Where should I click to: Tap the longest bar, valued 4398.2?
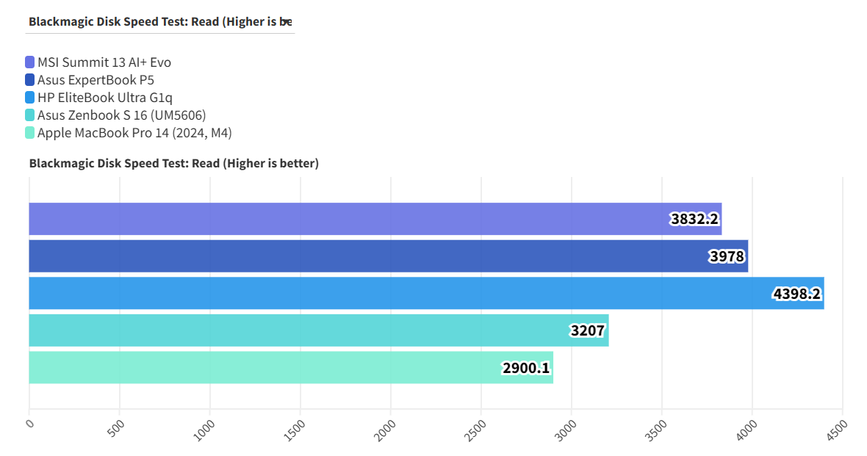pyautogui.click(x=426, y=294)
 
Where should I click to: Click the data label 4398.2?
pyautogui.click(x=796, y=294)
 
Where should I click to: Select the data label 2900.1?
pyautogui.click(x=526, y=368)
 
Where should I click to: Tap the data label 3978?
pyautogui.click(x=727, y=257)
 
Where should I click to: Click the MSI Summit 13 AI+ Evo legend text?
pyautogui.click(x=104, y=62)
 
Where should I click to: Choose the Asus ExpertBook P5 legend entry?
pyautogui.click(x=96, y=80)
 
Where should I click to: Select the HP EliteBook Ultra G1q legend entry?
pyautogui.click(x=105, y=98)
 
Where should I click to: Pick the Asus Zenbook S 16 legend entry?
pyautogui.click(x=121, y=115)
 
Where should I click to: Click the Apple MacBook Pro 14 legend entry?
pyautogui.click(x=134, y=133)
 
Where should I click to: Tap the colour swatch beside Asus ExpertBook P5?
pyautogui.click(x=29, y=80)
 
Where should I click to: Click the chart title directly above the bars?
pyautogui.click(x=174, y=163)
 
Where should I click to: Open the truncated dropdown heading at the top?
pyautogui.click(x=161, y=21)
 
